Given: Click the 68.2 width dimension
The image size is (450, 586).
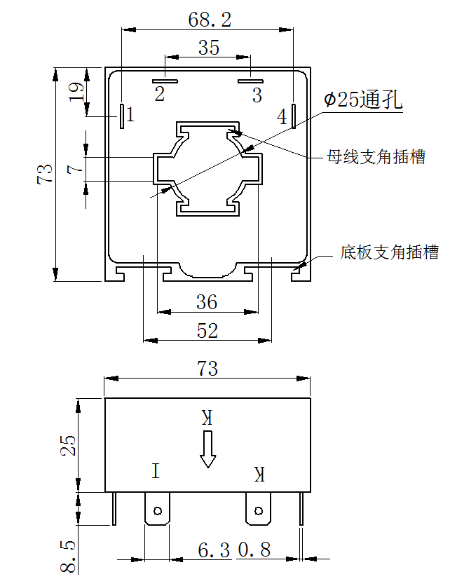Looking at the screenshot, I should [x=209, y=19].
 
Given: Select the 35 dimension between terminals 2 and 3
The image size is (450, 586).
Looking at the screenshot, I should [x=208, y=48].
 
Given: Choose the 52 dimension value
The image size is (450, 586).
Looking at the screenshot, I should [x=207, y=331].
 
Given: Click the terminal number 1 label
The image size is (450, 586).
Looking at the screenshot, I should [x=130, y=113].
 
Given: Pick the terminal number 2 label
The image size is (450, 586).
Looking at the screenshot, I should [x=160, y=94].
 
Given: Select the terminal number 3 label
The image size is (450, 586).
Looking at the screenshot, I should [x=257, y=94].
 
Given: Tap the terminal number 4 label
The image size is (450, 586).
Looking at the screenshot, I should [x=282, y=117].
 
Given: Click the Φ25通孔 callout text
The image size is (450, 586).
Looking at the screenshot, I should [x=363, y=100].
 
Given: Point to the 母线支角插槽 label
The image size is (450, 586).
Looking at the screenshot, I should [x=376, y=156].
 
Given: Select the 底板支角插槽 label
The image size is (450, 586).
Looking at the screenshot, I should [x=389, y=252].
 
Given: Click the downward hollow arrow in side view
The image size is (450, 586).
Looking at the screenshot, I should [x=207, y=449].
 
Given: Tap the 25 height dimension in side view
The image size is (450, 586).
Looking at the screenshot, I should [x=69, y=445].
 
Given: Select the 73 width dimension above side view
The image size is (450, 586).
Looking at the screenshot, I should [x=207, y=368].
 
